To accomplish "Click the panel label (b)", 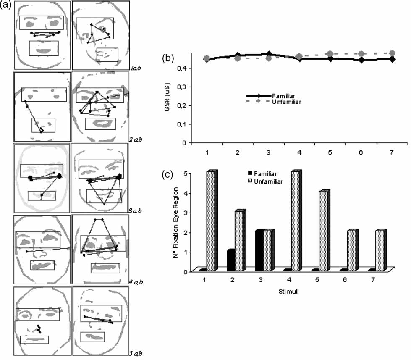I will click(169, 58).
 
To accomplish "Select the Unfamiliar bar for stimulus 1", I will click(210, 221).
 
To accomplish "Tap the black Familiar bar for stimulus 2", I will click(230, 260).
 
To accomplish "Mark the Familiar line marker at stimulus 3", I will click(269, 54).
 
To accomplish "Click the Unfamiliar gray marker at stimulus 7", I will click(392, 53).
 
